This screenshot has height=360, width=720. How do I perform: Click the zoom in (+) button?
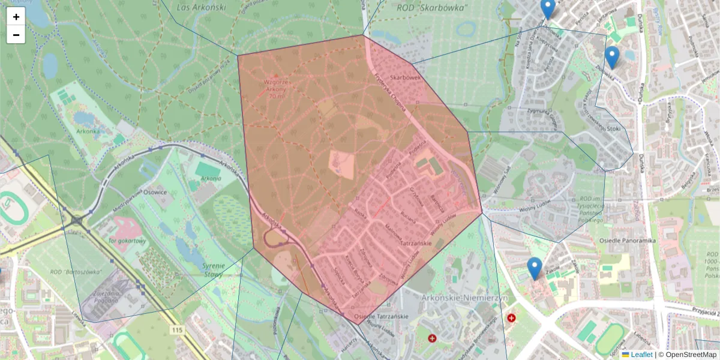[16, 17]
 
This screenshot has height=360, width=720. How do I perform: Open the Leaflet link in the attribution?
[641, 355]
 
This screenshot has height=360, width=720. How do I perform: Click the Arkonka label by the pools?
[88, 131]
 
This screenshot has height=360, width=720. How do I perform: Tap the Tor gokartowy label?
[128, 241]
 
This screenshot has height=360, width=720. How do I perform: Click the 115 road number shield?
[176, 330]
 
